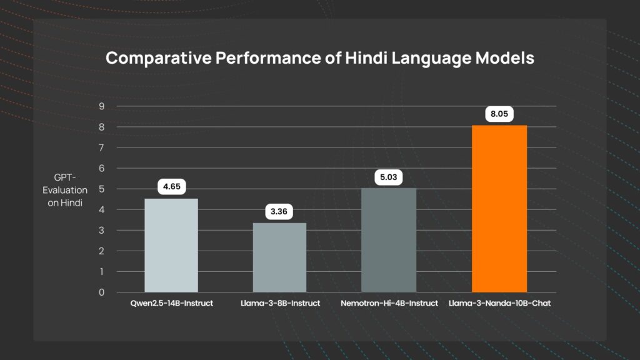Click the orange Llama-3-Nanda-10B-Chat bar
(499, 209)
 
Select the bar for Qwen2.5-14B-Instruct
(171, 245)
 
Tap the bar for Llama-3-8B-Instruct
(280, 257)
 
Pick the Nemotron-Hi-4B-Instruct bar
(389, 240)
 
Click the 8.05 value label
(500, 115)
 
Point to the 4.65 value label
(172, 187)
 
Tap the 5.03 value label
(389, 177)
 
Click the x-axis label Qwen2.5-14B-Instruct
(171, 303)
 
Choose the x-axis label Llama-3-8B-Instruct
(280, 303)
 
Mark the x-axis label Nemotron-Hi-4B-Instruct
(389, 303)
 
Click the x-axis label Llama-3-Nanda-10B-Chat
(500, 303)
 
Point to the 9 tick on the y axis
(101, 106)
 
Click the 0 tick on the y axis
(101, 292)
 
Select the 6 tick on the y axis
(101, 168)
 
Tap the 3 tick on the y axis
(101, 231)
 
